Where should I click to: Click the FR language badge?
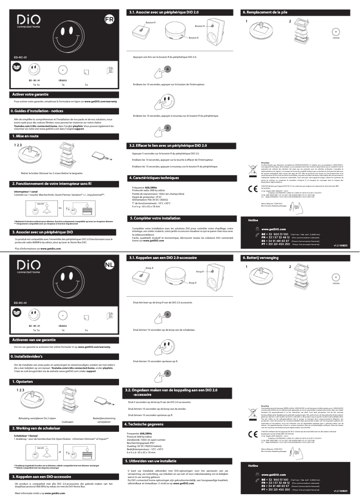tap(109, 20)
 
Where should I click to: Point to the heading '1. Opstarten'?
tap(22, 381)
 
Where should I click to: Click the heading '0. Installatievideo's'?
tap(29, 356)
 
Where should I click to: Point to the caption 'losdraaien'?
tap(67, 422)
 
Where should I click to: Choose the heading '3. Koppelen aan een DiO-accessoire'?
tap(40, 476)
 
